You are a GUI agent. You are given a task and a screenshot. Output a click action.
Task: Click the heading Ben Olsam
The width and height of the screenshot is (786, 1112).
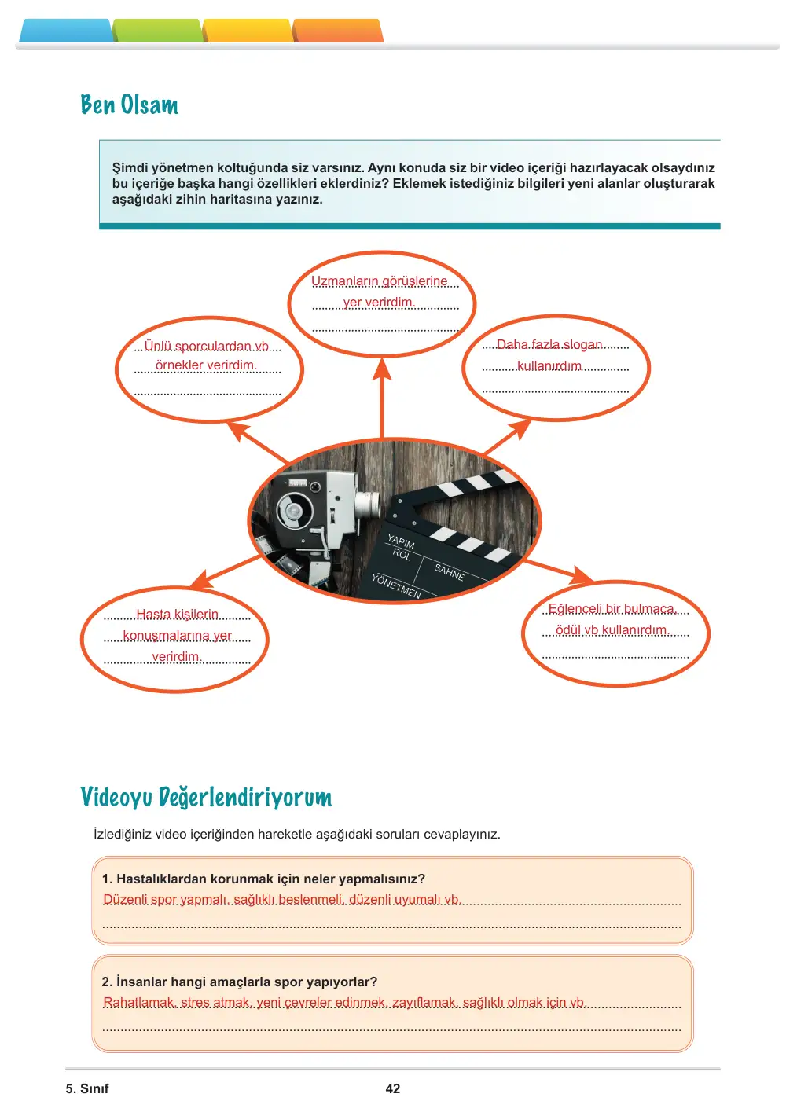point(129,105)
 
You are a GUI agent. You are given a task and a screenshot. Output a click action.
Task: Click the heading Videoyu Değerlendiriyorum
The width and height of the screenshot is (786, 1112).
point(206,798)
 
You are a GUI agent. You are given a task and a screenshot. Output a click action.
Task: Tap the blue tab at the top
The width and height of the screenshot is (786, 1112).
point(65,31)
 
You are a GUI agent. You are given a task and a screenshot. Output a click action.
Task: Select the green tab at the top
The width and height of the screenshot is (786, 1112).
point(157,31)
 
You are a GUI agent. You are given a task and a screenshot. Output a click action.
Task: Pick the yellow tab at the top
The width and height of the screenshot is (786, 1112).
point(248,31)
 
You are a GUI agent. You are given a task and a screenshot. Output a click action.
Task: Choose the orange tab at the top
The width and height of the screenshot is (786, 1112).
point(338,31)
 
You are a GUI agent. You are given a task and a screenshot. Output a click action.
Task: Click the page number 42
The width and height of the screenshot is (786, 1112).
point(393,1088)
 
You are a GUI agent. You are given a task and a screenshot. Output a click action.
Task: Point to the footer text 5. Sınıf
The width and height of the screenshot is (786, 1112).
point(87,1088)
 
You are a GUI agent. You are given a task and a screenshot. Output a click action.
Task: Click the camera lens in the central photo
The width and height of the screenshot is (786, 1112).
point(369,504)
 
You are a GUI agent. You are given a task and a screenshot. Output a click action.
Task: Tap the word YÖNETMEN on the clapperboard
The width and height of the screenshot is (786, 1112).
point(395,585)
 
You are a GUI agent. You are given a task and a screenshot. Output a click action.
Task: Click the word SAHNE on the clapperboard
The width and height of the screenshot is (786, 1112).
point(450,572)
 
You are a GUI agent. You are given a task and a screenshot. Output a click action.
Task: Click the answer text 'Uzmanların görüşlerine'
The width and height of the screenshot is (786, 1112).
point(380,281)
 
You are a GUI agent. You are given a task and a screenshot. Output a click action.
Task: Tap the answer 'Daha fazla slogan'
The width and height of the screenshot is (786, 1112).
point(549,344)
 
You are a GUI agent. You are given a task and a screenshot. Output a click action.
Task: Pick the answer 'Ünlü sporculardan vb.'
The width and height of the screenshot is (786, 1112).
point(206,346)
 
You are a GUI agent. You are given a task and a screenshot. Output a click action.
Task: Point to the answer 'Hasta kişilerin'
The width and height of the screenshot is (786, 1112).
point(178,615)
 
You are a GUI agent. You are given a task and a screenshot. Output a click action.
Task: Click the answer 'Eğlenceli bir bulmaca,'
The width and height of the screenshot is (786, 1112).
point(613,609)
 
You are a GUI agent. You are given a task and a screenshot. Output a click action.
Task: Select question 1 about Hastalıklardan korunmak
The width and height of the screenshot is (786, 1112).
point(263,879)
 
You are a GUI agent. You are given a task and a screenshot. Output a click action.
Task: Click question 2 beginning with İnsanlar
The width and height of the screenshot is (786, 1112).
point(239,982)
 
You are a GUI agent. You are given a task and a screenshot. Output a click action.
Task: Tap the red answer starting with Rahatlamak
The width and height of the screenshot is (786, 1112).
point(344,1003)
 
